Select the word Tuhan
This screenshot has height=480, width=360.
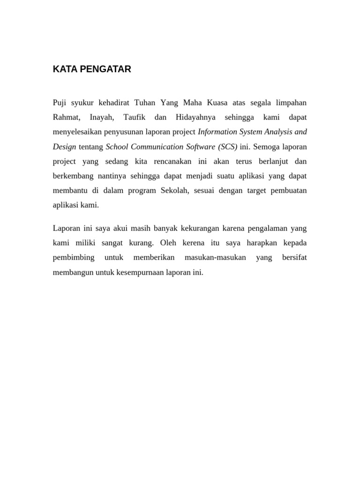pyautogui.click(x=145, y=102)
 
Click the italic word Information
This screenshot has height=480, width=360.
pyautogui.click(x=218, y=132)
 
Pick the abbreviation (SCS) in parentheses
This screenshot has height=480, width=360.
pyautogui.click(x=226, y=146)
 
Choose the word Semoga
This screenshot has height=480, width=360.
pyautogui.click(x=266, y=146)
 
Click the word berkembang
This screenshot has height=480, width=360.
pyautogui.click(x=73, y=176)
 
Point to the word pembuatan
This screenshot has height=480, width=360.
pyautogui.click(x=290, y=191)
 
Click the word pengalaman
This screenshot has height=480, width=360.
pyautogui.click(x=264, y=228)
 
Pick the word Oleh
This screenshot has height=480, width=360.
pyautogui.click(x=167, y=243)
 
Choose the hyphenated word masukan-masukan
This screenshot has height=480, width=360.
pyautogui.click(x=215, y=257)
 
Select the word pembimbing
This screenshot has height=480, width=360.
pyautogui.click(x=74, y=258)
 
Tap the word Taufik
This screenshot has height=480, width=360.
pyautogui.click(x=134, y=117)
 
